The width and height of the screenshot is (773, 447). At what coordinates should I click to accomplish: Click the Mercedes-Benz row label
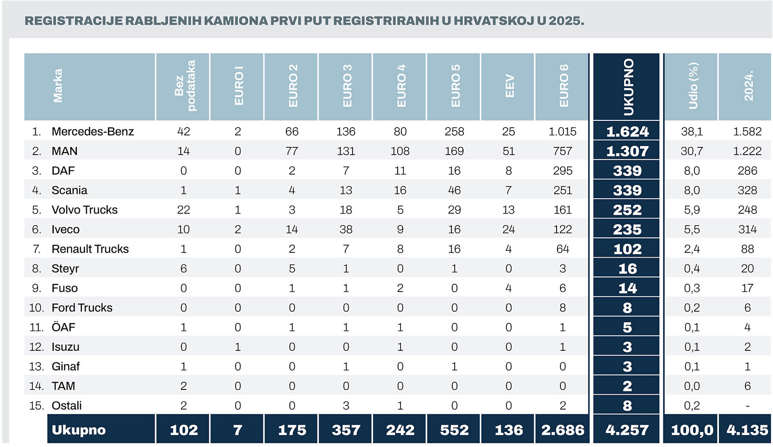pyautogui.click(x=92, y=131)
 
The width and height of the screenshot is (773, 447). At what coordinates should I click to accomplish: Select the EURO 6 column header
pyautogui.click(x=563, y=86)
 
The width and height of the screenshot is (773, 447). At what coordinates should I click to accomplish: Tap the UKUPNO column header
pyautogui.click(x=628, y=87)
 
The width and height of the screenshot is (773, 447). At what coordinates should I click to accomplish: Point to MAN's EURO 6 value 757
pyautogui.click(x=562, y=151)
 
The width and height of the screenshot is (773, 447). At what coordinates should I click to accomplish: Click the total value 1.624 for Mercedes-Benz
pyautogui.click(x=627, y=131)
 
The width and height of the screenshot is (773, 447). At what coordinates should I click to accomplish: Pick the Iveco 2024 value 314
pyautogui.click(x=747, y=230)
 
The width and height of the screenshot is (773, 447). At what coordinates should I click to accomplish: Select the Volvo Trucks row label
pyautogui.click(x=85, y=210)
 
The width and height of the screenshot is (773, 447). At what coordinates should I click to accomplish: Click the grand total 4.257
pyautogui.click(x=627, y=430)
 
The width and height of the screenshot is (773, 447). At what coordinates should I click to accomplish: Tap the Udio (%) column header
pyautogui.click(x=693, y=86)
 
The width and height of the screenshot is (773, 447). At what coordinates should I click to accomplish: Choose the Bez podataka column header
pyautogui.click(x=185, y=86)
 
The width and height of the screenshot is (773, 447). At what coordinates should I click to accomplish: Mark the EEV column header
pyautogui.click(x=509, y=86)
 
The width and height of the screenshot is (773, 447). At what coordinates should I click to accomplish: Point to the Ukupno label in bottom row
pyautogui.click(x=79, y=430)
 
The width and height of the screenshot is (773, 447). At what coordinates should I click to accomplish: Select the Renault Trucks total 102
pyautogui.click(x=627, y=249)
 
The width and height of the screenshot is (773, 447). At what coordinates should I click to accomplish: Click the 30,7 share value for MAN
pyautogui.click(x=691, y=151)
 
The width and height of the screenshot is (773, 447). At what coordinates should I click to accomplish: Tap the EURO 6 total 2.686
pyautogui.click(x=562, y=430)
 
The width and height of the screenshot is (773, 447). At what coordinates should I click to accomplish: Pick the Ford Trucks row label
pyautogui.click(x=82, y=308)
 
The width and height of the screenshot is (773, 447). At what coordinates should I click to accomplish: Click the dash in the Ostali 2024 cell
pyautogui.click(x=747, y=406)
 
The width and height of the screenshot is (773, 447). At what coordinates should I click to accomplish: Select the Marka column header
pyautogui.click(x=57, y=86)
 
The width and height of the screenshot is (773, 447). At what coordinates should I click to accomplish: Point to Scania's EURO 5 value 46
pyautogui.click(x=454, y=190)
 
